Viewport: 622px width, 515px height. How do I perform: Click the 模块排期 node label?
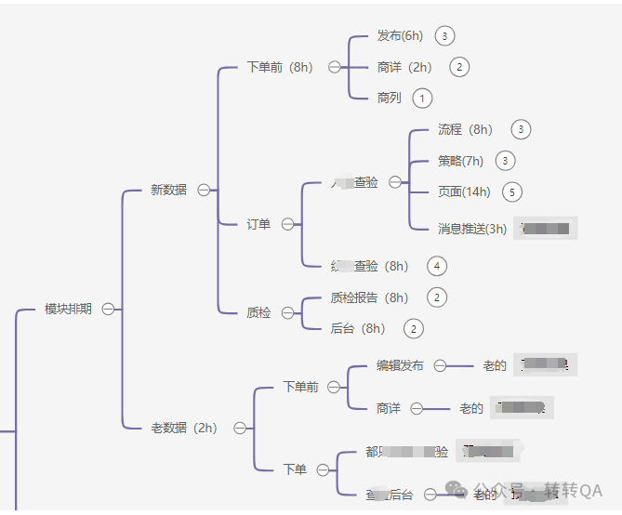tap(68, 309)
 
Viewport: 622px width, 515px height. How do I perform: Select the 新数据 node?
tap(168, 190)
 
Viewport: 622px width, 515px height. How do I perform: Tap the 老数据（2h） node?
tap(183, 428)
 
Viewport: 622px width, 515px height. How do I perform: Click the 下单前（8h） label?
tap(280, 67)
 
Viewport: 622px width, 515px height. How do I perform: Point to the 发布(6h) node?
tap(401, 36)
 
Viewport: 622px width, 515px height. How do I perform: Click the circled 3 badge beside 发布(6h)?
tap(444, 36)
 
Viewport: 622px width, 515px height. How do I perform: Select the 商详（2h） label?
tap(405, 67)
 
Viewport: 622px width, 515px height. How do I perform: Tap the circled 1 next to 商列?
tap(422, 98)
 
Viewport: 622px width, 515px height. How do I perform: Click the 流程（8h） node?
tap(465, 129)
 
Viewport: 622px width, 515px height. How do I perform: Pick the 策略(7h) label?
tap(461, 161)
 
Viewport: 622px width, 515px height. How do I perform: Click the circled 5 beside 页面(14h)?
tap(511, 191)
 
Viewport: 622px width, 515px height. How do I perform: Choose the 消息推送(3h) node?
tap(472, 229)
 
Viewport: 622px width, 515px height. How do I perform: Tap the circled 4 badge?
tap(437, 266)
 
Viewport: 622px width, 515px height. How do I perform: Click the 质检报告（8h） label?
tap(369, 297)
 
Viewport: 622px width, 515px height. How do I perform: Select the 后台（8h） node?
tap(358, 328)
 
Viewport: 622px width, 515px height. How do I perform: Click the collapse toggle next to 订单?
tap(287, 224)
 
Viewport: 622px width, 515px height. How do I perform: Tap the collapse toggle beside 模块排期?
tap(109, 309)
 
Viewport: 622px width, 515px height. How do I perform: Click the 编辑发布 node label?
tap(400, 365)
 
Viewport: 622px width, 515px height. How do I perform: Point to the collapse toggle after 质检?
tap(287, 313)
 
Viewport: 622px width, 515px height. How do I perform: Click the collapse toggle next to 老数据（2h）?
tap(240, 428)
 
